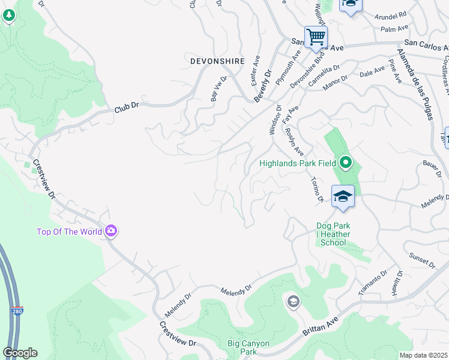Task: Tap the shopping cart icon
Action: point(316,37)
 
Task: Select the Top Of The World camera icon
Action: point(110,232)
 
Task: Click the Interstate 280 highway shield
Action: point(17,311)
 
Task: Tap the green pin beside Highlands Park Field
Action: point(345,163)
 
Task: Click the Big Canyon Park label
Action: point(249,347)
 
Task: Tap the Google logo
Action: point(20,353)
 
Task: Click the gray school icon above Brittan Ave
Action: point(293,301)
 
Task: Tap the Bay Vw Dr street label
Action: point(218,88)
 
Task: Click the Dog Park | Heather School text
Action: point(333,234)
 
